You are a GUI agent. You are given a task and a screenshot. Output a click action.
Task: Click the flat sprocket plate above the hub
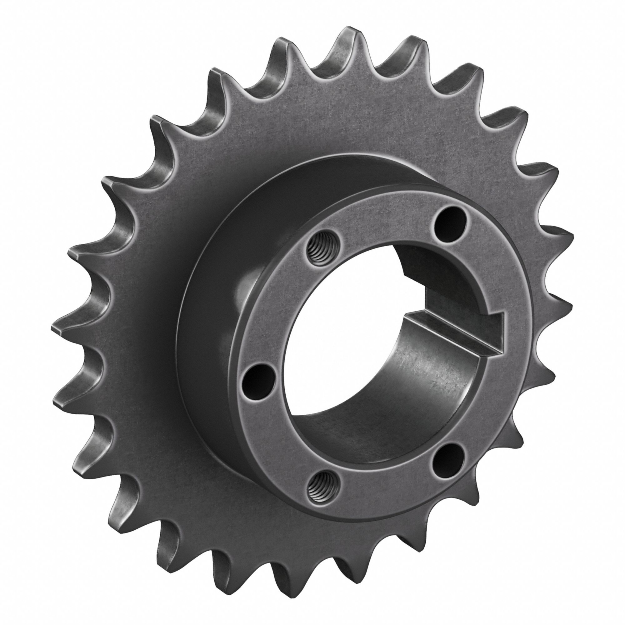tap(323, 123)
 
